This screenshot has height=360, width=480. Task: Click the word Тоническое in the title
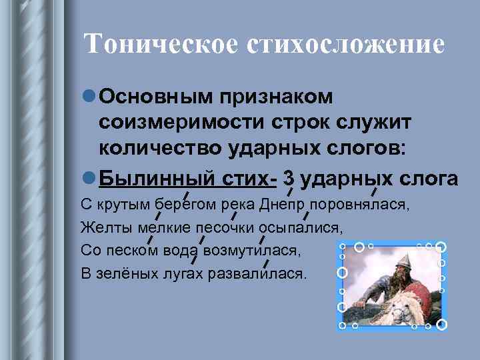[x=160, y=44]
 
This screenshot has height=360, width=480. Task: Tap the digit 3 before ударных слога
[x=289, y=179]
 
